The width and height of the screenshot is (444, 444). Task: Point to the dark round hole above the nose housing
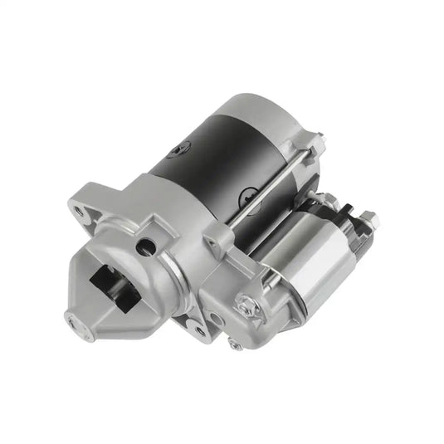click(146, 245)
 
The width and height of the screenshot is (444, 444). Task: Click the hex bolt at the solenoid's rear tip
click(369, 220)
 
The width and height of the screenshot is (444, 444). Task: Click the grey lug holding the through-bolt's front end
click(218, 241)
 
